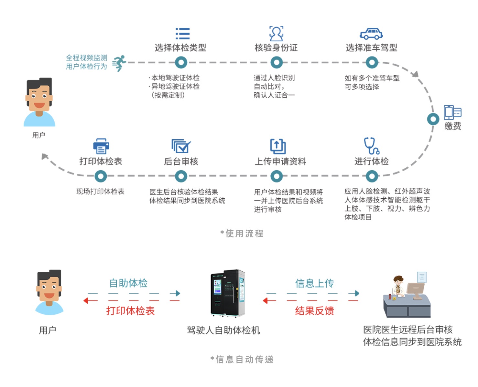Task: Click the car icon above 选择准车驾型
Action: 371,34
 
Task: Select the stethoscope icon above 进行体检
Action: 371,146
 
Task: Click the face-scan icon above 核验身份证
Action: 276,34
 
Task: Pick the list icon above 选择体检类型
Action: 182,34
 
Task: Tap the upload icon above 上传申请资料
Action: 278,146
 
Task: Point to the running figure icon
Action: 119,63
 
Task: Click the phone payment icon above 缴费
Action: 452,112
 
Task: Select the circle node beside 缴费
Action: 433,119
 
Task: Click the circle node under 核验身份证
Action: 277,62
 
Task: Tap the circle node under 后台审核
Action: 181,176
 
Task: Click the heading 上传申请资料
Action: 280,162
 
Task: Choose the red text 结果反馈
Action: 314,311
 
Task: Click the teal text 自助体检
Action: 128,283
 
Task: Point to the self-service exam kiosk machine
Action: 228,293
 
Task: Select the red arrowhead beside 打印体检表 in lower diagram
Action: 86,301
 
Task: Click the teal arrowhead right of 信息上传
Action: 356,293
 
